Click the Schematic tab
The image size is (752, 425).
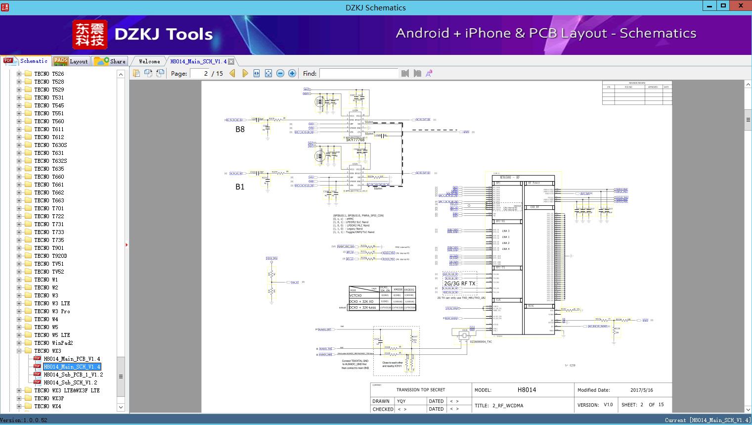(x=27, y=61)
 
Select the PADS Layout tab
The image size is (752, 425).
(x=71, y=61)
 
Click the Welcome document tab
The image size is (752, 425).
(x=149, y=61)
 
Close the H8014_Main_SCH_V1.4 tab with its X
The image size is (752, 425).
(x=231, y=62)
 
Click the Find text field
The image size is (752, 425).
(x=358, y=73)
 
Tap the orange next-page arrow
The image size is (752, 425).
(x=245, y=73)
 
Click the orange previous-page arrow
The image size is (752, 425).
(x=232, y=73)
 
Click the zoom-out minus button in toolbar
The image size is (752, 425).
(x=280, y=73)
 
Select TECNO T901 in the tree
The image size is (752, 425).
(x=49, y=248)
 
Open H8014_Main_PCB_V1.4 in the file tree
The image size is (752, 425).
(x=72, y=359)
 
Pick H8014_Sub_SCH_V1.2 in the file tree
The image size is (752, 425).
(x=70, y=382)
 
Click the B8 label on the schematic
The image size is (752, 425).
(x=240, y=130)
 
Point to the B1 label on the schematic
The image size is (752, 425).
(x=240, y=187)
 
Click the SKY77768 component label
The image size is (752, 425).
(x=355, y=140)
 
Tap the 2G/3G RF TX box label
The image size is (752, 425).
(x=460, y=283)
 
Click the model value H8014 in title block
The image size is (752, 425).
(x=527, y=390)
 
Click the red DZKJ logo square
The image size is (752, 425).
(x=90, y=35)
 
